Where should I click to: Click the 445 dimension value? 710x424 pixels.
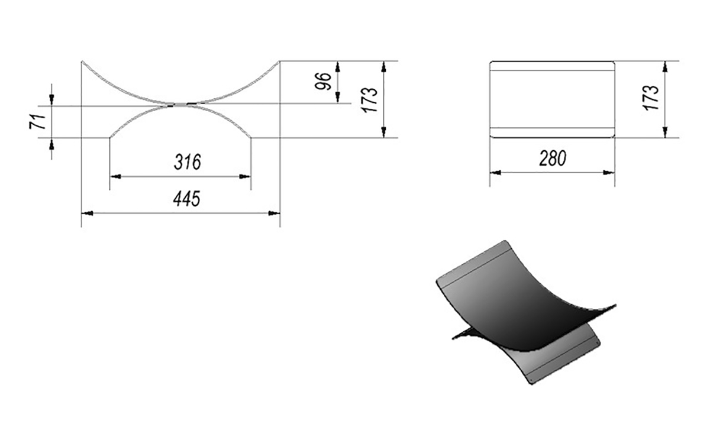pyautogui.click(x=187, y=199)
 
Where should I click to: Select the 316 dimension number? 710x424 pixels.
pyautogui.click(x=188, y=162)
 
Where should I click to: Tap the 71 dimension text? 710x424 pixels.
pyautogui.click(x=38, y=121)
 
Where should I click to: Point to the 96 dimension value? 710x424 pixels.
pyautogui.click(x=323, y=82)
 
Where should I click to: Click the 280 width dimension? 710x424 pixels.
pyautogui.click(x=553, y=158)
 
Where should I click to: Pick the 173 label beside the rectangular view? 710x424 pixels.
pyautogui.click(x=651, y=98)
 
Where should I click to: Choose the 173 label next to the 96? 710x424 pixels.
pyautogui.click(x=370, y=100)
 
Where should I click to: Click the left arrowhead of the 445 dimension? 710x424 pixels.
pyautogui.click(x=87, y=213)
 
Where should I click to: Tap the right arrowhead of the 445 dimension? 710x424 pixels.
pyautogui.click(x=274, y=213)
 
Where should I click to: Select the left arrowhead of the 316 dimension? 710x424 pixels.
pyautogui.click(x=115, y=176)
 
